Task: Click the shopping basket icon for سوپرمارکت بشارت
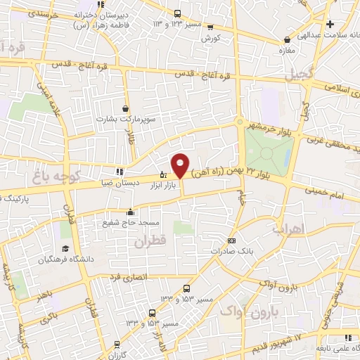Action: pos(125,109)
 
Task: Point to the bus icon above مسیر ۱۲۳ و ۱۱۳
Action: pos(176,13)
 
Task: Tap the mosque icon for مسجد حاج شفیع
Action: pos(129,212)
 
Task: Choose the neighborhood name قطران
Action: pos(146,240)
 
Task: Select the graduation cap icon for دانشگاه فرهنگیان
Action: pos(65,248)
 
